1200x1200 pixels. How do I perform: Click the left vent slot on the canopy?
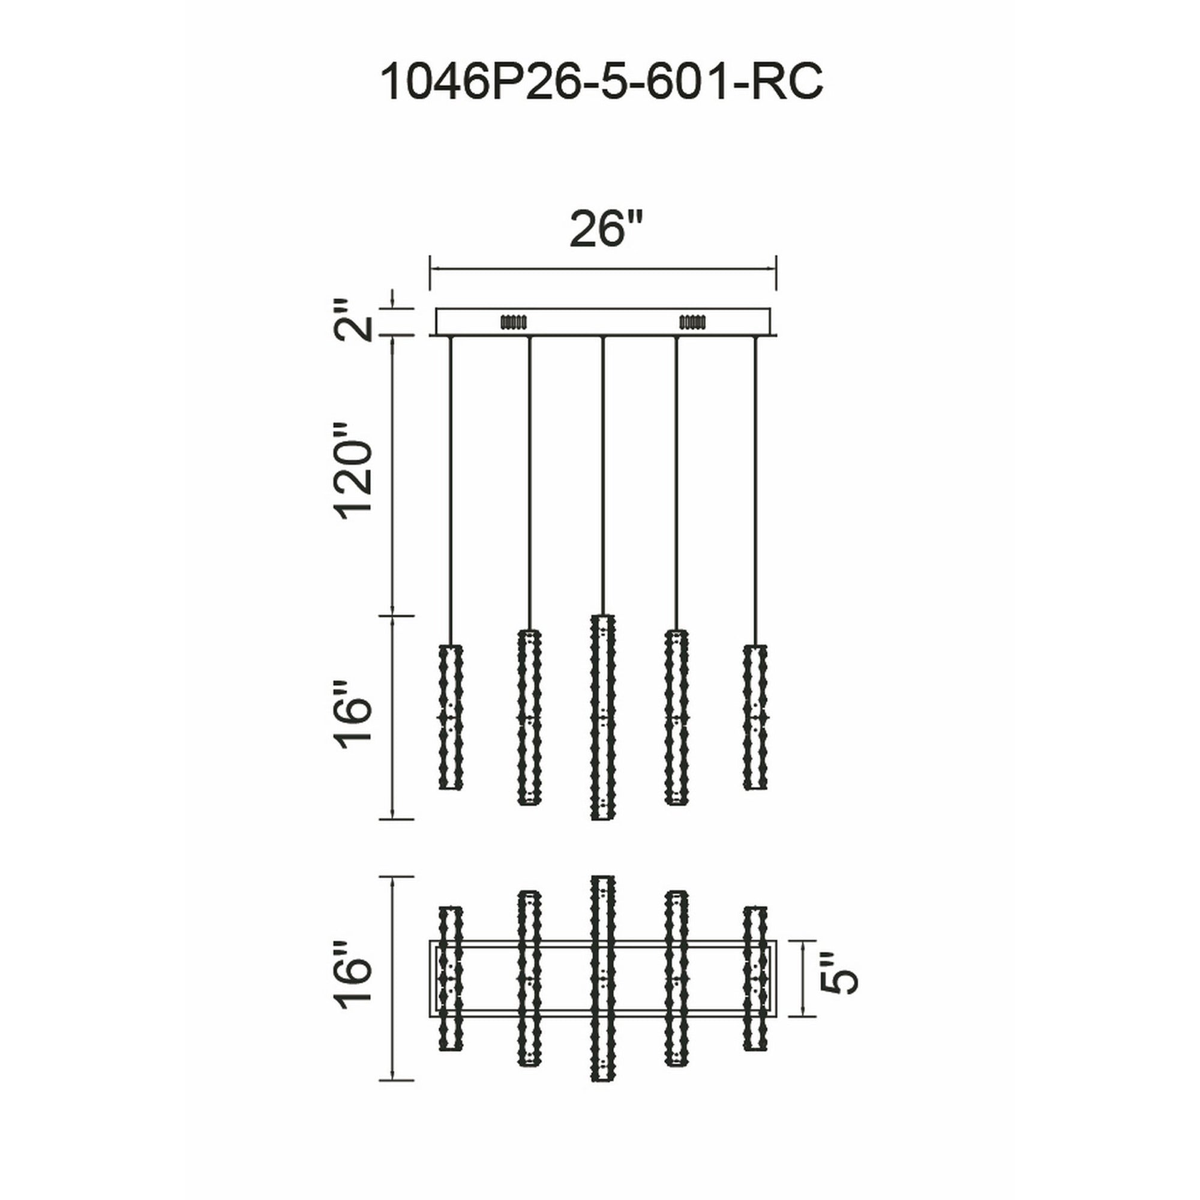coord(513,322)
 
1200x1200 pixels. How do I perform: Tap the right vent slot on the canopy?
coord(692,322)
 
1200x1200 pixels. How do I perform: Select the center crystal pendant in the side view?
coord(602,717)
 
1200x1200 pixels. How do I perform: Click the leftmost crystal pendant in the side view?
coord(451,717)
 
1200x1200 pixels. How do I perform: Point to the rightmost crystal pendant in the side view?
coord(755,717)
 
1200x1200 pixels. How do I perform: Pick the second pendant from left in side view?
coord(529,717)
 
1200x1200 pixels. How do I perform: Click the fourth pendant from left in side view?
coord(676,717)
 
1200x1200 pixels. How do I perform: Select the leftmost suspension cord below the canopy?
coord(451,491)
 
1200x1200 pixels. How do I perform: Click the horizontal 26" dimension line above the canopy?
coord(602,269)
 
